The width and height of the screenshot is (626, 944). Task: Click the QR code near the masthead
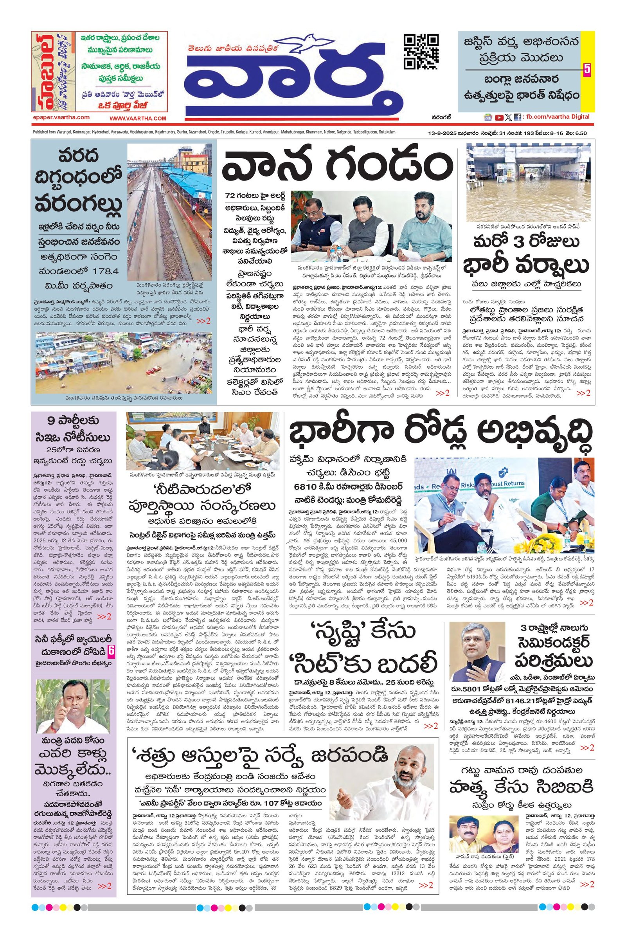tap(421, 52)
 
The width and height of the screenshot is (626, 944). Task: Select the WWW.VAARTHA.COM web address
tap(138, 119)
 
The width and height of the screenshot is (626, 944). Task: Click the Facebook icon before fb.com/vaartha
tap(517, 117)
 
